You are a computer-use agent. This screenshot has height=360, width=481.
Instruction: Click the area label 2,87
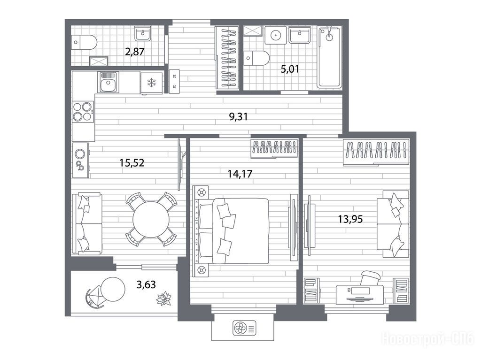pyautogui.click(x=135, y=52)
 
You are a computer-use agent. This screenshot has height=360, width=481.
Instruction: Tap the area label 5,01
pyautogui.click(x=290, y=69)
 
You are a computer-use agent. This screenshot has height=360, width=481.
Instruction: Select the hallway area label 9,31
pyautogui.click(x=238, y=117)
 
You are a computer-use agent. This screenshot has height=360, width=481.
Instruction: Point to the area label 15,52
pyautogui.click(x=132, y=163)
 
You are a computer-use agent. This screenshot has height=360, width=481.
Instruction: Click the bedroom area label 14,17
pyautogui.click(x=240, y=174)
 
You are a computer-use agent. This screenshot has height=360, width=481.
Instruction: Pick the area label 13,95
pyautogui.click(x=350, y=219)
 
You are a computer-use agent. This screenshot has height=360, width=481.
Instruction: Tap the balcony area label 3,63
pyautogui.click(x=146, y=284)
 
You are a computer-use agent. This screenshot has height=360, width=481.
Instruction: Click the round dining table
pyautogui.click(x=151, y=219)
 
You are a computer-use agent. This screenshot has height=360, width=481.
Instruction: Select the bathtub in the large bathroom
pyautogui.click(x=329, y=57)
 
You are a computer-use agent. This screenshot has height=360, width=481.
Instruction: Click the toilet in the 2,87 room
pyautogui.click(x=84, y=42)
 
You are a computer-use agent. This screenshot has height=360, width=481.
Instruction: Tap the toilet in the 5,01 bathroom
pyautogui.click(x=256, y=58)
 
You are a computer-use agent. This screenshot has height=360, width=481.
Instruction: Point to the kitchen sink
pyautogui.click(x=108, y=82)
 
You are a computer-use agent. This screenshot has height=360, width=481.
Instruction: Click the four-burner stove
pyautogui.click(x=83, y=112)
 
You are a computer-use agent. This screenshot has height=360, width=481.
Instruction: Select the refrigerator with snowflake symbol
pyautogui.click(x=152, y=83)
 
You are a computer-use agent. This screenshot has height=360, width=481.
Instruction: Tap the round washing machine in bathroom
pyautogui.click(x=275, y=35)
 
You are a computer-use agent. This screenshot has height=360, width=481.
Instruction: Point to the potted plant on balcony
pyautogui.click(x=164, y=299)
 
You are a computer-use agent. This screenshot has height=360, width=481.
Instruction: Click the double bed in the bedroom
pyautogui.click(x=232, y=230)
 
